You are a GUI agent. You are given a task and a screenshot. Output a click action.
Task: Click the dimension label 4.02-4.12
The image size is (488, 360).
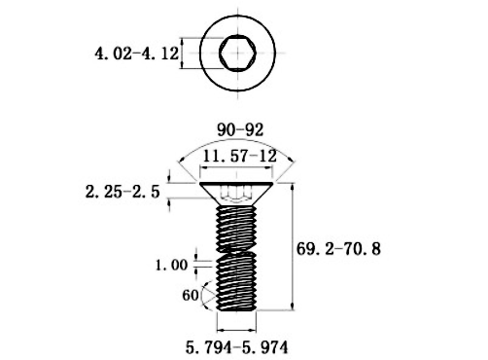click(x=136, y=54)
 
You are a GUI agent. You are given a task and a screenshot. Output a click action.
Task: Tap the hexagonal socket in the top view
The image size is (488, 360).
click(x=237, y=53)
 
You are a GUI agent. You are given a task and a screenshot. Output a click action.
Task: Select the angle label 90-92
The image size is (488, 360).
click(x=240, y=130)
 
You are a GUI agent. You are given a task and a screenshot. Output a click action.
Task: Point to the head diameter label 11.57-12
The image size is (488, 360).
click(x=240, y=157)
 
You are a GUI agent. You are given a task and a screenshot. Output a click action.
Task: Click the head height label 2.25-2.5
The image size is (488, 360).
click(x=122, y=192)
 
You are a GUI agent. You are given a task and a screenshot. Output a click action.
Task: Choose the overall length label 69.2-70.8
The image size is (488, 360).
click(x=338, y=249)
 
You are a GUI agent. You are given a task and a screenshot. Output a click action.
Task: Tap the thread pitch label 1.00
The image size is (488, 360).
click(x=171, y=266)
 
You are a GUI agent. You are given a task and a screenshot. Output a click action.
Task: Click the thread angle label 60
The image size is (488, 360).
click(x=191, y=295)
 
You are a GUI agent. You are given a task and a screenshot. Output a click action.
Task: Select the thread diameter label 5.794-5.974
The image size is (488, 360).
click(x=236, y=347)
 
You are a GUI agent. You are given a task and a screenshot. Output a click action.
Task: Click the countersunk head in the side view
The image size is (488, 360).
click(x=236, y=194)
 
